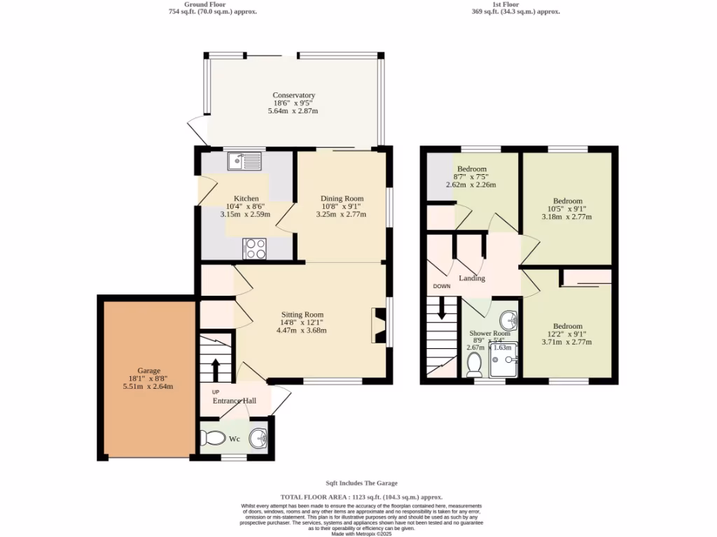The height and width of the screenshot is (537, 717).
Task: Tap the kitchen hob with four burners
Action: click(x=255, y=248)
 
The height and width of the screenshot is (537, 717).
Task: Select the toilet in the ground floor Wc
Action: click(x=211, y=438)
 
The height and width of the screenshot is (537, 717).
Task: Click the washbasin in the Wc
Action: click(x=259, y=438)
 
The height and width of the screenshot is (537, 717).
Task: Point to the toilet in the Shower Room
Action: click(x=474, y=364)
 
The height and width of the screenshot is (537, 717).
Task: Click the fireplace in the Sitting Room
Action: click(x=379, y=325)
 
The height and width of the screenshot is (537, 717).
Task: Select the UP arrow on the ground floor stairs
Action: click(x=215, y=368)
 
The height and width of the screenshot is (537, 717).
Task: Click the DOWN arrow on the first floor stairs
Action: click(x=441, y=308)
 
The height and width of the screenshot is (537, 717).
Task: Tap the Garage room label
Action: click(x=148, y=371)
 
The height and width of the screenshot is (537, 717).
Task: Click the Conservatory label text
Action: click(x=294, y=95)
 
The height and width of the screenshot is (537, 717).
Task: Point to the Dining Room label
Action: click(x=342, y=199)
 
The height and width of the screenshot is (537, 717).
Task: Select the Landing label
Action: click(x=471, y=278)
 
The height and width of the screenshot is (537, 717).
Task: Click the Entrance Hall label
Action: click(x=235, y=401)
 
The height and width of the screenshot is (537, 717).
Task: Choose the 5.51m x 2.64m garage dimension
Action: click(x=148, y=386)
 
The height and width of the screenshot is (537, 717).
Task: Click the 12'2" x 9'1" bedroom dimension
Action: click(x=568, y=334)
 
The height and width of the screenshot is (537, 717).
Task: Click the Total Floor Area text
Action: click(x=361, y=496)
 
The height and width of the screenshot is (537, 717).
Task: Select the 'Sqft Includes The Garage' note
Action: click(x=361, y=483)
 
